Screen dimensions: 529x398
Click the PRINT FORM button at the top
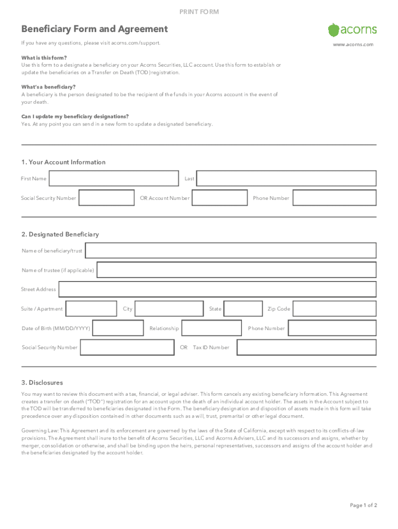(199, 12)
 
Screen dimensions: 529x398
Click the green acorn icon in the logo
(334, 29)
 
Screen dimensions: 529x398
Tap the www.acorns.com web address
(353, 45)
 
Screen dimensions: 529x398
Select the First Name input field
(114, 179)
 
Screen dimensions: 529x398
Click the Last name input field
(286, 179)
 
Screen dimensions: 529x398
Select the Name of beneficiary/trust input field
(231, 251)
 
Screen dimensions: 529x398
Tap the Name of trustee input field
(237, 270)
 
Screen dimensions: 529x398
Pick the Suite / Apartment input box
(91, 309)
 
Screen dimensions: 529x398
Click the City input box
(169, 309)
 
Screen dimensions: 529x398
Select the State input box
(243, 309)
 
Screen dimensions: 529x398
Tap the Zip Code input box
(334, 309)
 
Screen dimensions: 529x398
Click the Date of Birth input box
(118, 328)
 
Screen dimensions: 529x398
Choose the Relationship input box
(212, 328)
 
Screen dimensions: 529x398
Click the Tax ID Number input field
(307, 347)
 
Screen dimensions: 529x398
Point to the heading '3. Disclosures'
(42, 383)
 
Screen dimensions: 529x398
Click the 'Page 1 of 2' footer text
(363, 505)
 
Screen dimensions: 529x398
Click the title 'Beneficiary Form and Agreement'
(95, 29)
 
